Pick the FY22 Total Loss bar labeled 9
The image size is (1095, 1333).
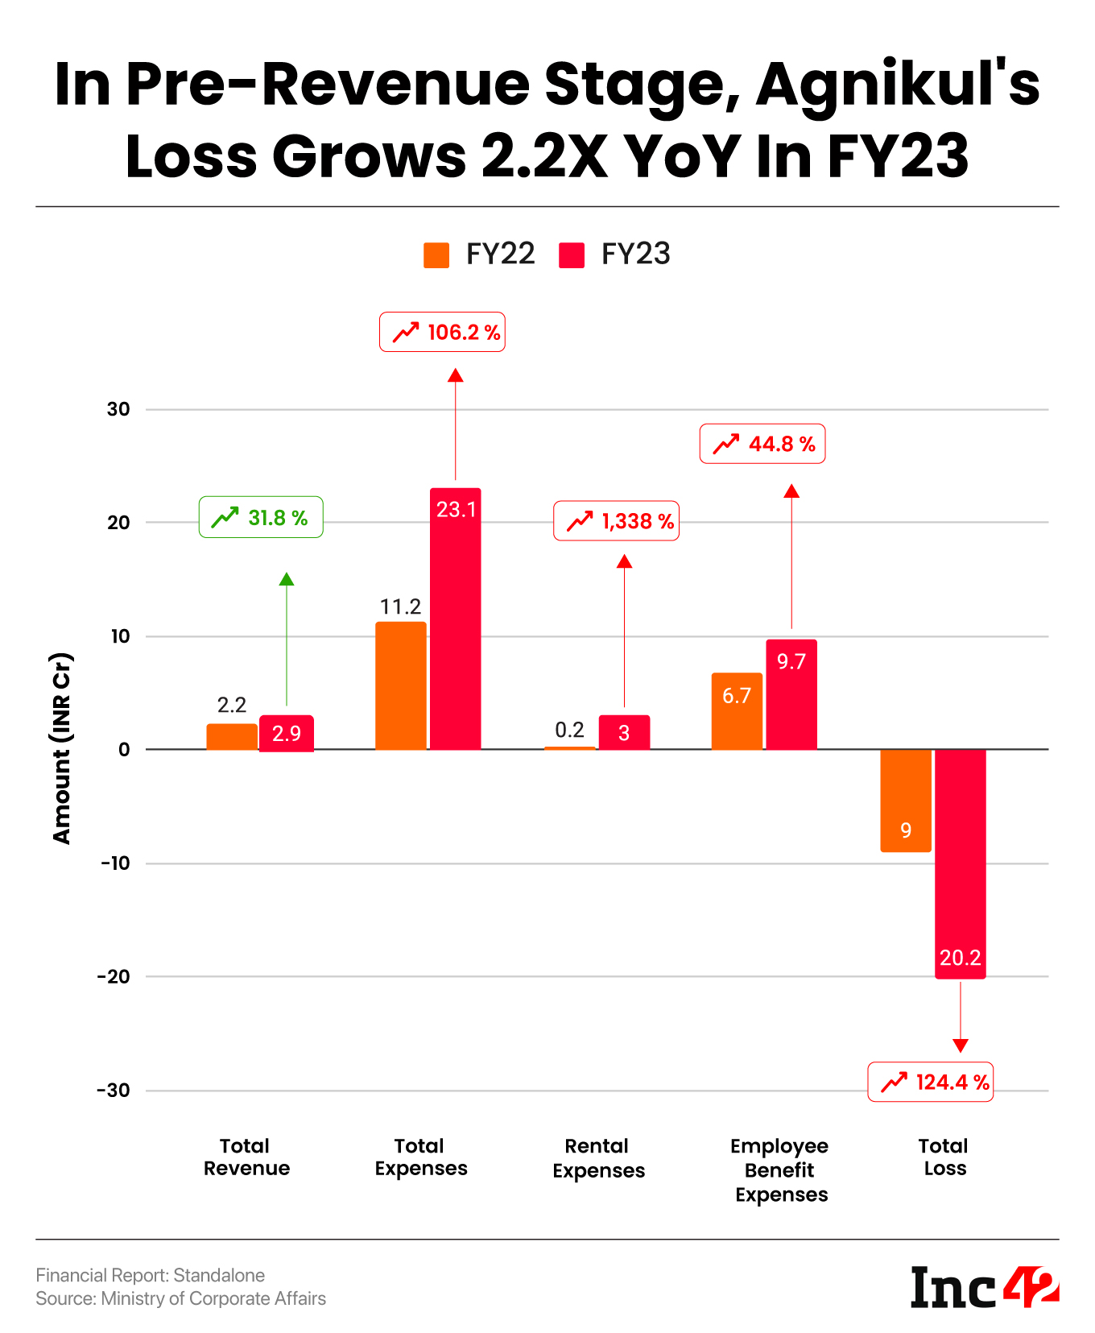906,801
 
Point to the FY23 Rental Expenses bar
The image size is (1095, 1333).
624,732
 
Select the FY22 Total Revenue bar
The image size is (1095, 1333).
232,736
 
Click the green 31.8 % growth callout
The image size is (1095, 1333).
261,517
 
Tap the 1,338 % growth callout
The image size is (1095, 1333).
616,521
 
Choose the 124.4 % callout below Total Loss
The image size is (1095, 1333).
930,1082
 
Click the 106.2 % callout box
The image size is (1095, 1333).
442,332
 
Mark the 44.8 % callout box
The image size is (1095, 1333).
762,444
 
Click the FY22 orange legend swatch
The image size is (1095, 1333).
436,255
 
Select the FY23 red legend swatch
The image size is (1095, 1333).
571,255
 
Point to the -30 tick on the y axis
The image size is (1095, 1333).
114,1091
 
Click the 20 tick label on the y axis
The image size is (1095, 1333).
118,523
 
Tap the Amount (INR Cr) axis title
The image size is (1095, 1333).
62,748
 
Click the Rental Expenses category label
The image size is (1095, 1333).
598,1158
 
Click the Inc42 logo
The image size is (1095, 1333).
984,1286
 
